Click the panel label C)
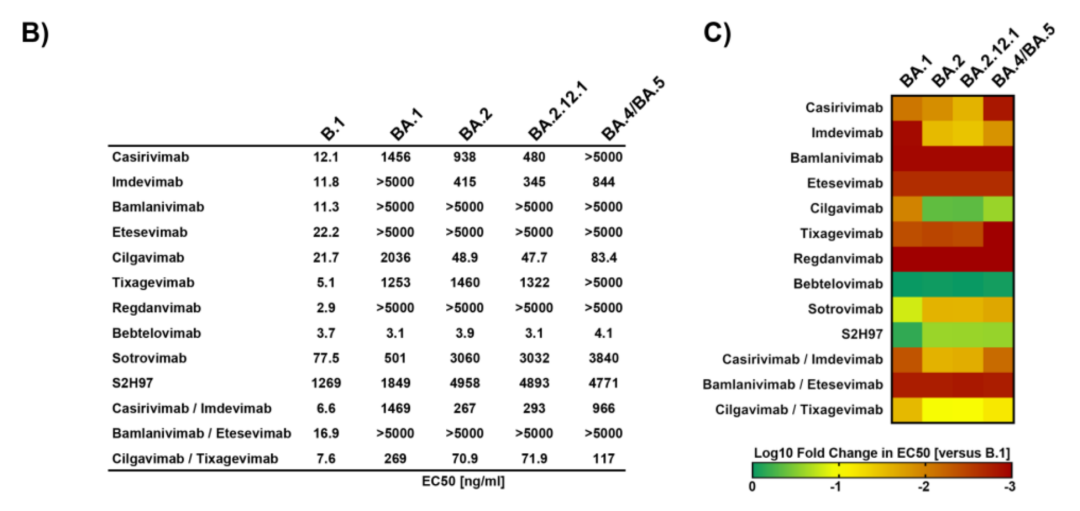click(717, 32)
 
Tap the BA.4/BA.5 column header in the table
click(631, 117)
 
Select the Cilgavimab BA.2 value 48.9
click(476, 258)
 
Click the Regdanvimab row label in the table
click(159, 308)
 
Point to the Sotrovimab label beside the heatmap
click(845, 308)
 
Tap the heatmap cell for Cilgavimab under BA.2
click(937, 207)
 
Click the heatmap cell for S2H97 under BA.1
click(907, 333)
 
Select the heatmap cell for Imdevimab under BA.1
click(907, 131)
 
